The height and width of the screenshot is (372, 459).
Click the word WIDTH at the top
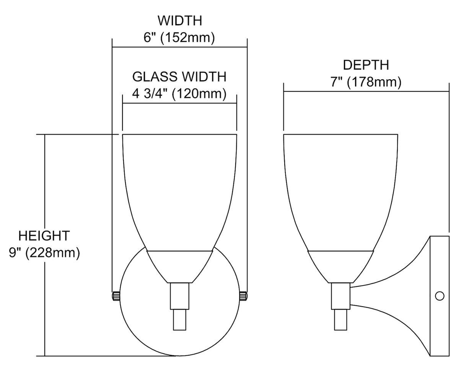tap(180, 21)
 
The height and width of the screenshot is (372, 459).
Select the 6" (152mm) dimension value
tap(179, 38)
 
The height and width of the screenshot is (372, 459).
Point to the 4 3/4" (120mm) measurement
tap(179, 94)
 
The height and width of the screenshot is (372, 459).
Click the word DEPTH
tap(366, 65)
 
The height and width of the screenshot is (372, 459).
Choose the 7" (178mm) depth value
tap(366, 82)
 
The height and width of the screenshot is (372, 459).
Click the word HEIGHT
tap(44, 236)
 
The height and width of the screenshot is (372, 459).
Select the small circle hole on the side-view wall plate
tap(439, 296)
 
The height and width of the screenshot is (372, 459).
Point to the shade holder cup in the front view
tap(179, 266)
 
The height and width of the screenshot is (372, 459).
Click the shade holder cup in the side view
tap(340, 266)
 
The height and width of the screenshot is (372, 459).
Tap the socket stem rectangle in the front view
tap(179, 296)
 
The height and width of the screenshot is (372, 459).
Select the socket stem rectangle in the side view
tap(340, 296)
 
